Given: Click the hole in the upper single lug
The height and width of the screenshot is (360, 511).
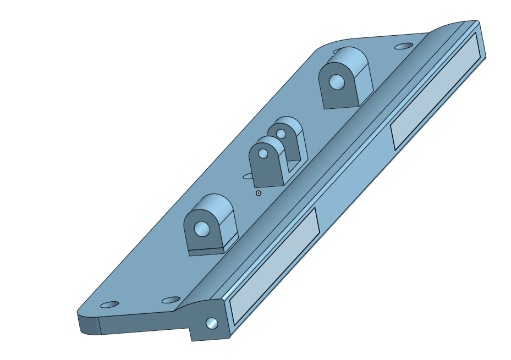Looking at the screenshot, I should (337, 82).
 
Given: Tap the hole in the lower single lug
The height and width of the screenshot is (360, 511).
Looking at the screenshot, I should (202, 228).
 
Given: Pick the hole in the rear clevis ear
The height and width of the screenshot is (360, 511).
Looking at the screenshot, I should (281, 134).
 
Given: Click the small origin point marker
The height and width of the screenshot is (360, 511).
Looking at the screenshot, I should (259, 193).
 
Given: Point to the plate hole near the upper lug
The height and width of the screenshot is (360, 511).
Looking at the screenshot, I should (404, 46).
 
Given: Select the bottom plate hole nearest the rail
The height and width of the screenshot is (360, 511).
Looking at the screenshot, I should (171, 300).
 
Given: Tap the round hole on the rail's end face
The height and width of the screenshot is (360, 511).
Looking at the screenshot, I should (211, 323).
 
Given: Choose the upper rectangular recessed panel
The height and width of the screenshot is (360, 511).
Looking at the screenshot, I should (437, 91).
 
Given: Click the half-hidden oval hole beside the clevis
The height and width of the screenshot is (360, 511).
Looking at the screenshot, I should (249, 176).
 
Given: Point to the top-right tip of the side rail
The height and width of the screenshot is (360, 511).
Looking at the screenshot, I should (477, 23).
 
